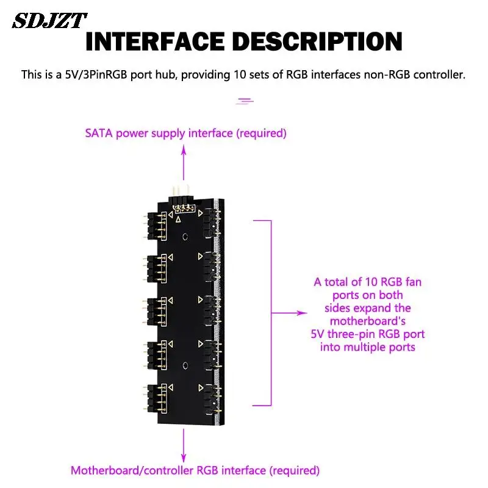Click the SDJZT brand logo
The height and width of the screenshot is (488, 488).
click(x=50, y=21)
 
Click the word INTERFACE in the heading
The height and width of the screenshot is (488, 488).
click(x=156, y=41)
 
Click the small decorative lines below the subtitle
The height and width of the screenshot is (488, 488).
click(x=245, y=100)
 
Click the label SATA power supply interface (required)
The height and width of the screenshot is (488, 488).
click(x=185, y=133)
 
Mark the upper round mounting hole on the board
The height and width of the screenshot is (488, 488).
click(x=184, y=235)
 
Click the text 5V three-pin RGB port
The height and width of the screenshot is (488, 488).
click(x=367, y=334)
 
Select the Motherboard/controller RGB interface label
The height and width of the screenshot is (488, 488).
click(x=195, y=471)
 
